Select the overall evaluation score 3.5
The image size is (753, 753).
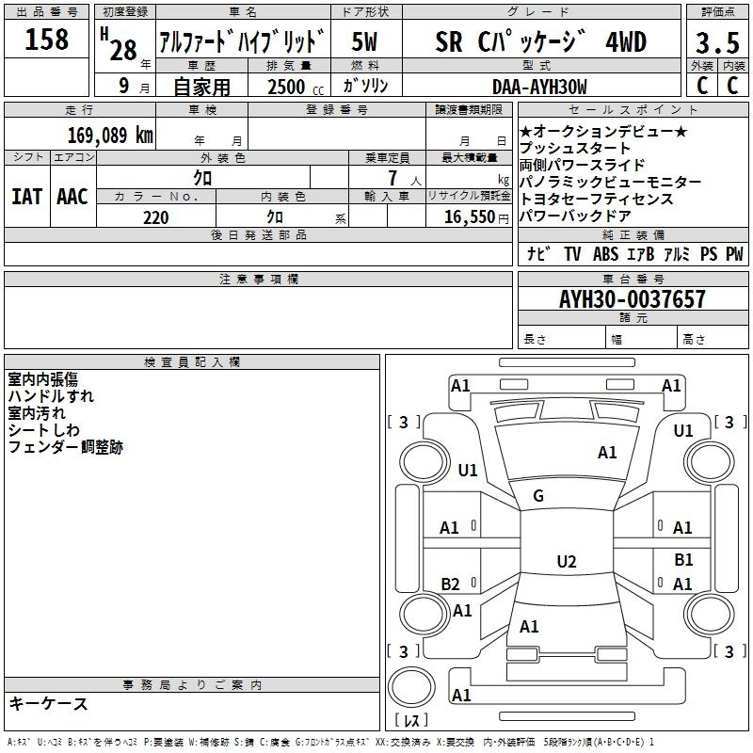point(716,43)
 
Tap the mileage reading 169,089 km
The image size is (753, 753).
point(110,135)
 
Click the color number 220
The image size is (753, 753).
point(155,217)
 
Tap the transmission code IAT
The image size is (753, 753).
point(26,197)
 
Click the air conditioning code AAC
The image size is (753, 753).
point(72,197)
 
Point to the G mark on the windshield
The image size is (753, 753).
point(538,496)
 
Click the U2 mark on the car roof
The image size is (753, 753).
point(566,562)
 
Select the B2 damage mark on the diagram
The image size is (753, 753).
point(450,584)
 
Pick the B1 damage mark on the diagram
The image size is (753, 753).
point(683,560)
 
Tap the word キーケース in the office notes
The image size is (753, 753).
point(48,704)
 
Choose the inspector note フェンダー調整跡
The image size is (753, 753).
point(65,447)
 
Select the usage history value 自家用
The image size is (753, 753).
point(201,87)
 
